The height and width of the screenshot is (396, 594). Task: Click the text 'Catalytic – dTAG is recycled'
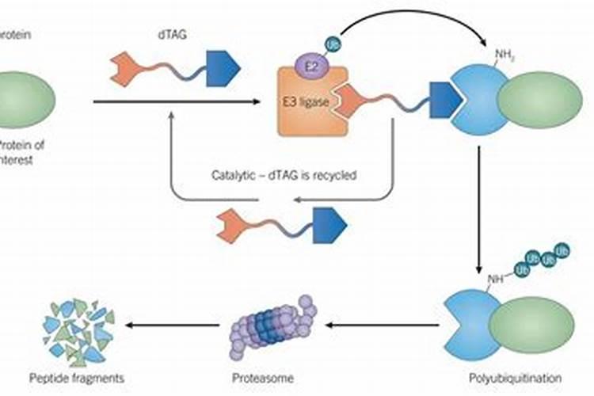click(x=284, y=174)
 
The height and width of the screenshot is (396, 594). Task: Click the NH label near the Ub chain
click(x=494, y=279)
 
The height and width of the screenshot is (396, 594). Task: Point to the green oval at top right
click(x=539, y=103)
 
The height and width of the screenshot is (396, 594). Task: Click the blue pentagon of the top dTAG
click(x=223, y=70)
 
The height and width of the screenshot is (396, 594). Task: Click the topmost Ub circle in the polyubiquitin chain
click(x=562, y=249)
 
